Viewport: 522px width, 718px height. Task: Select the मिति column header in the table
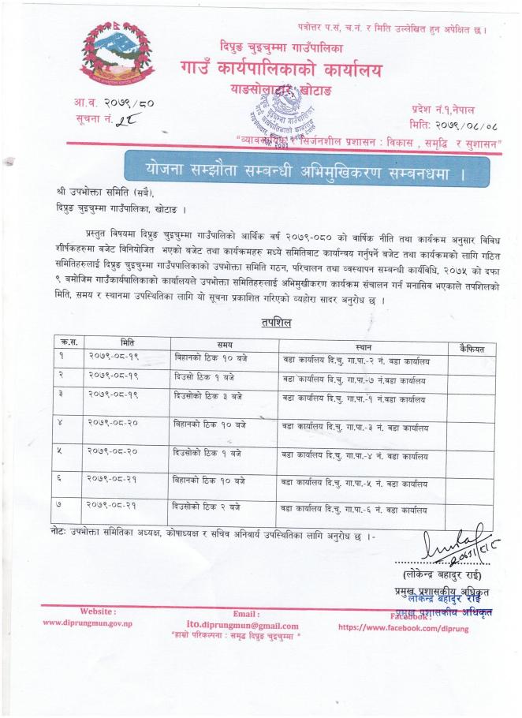127,344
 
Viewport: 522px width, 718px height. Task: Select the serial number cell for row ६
61,480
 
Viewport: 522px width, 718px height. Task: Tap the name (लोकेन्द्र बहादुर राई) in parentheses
434,574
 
